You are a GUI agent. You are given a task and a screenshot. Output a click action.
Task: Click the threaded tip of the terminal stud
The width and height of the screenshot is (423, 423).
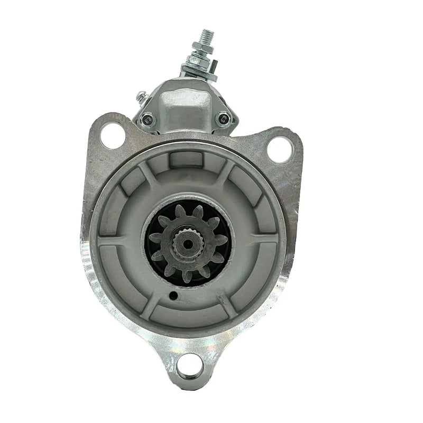tap(206, 36)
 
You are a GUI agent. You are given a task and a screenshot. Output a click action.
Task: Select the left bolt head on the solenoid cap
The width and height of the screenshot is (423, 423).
tap(148, 121)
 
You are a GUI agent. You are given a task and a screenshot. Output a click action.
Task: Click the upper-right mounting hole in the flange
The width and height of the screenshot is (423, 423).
tap(279, 148)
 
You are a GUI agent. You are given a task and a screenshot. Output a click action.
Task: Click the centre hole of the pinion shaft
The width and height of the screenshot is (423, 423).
tap(187, 243)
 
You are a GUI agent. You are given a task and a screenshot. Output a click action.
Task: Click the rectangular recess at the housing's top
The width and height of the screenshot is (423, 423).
tap(188, 159)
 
